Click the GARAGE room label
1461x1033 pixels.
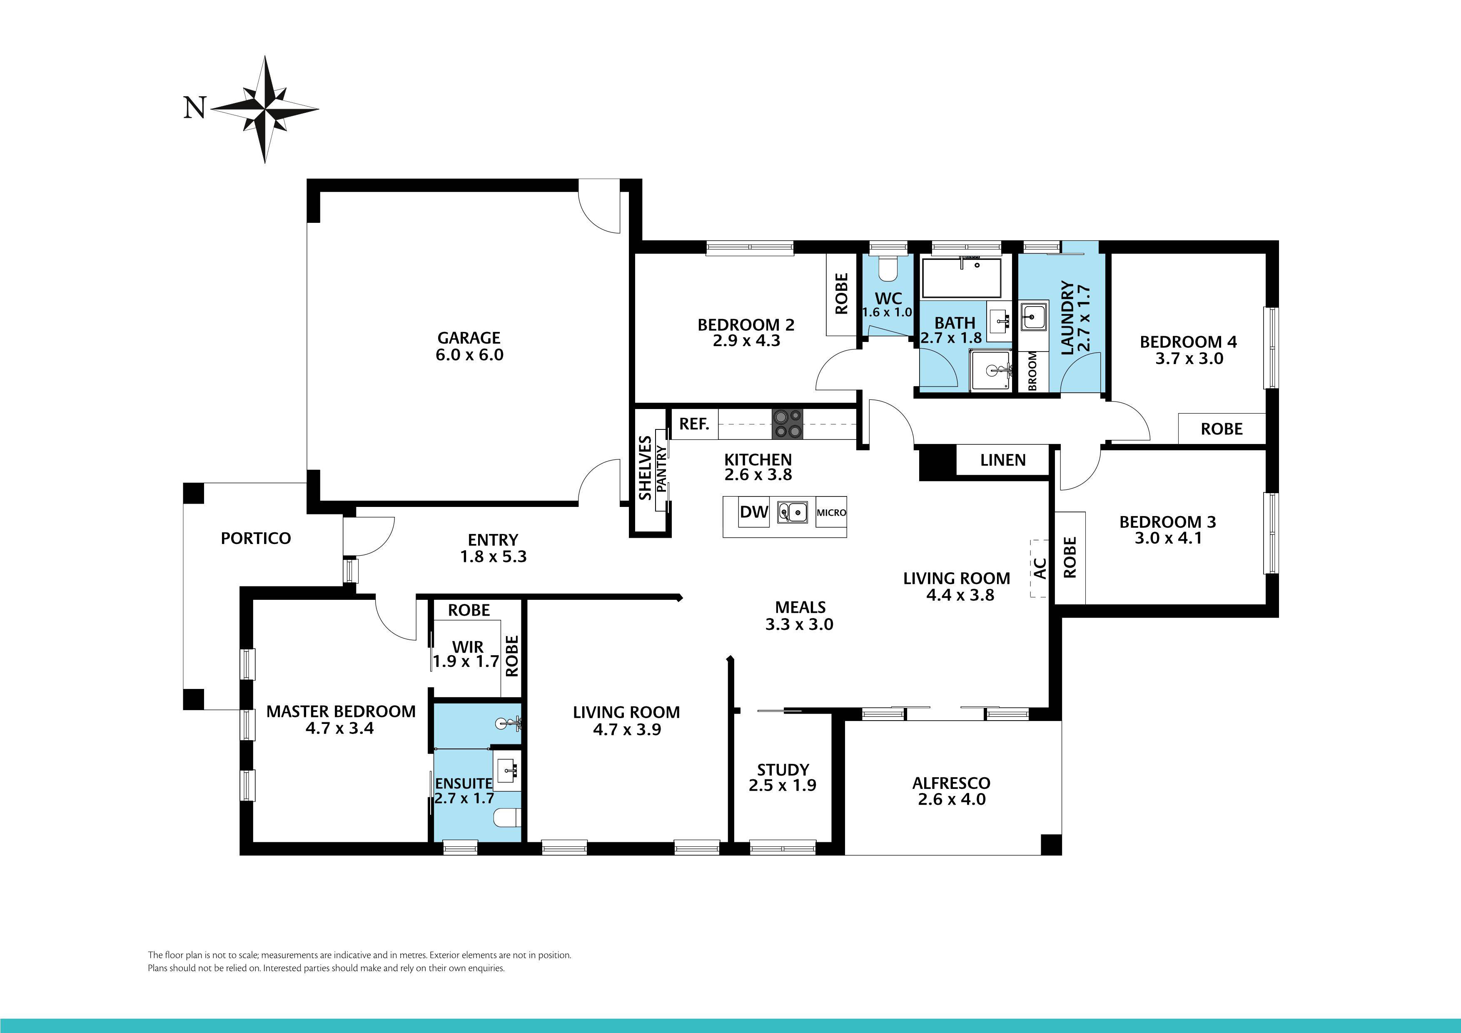pyautogui.click(x=469, y=338)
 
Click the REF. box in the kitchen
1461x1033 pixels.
pyautogui.click(x=694, y=424)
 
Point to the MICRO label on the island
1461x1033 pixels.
pyautogui.click(x=831, y=512)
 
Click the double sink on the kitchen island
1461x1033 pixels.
pyautogui.click(x=792, y=512)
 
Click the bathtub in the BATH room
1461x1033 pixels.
pyautogui.click(x=961, y=278)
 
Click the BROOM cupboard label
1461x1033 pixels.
pyautogui.click(x=1032, y=371)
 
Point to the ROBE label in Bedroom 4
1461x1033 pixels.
pyautogui.click(x=1221, y=429)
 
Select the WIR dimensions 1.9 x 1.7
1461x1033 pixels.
pyautogui.click(x=466, y=662)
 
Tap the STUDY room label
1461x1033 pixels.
pyautogui.click(x=783, y=769)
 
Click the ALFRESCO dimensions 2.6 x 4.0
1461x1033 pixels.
pyautogui.click(x=951, y=799)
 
